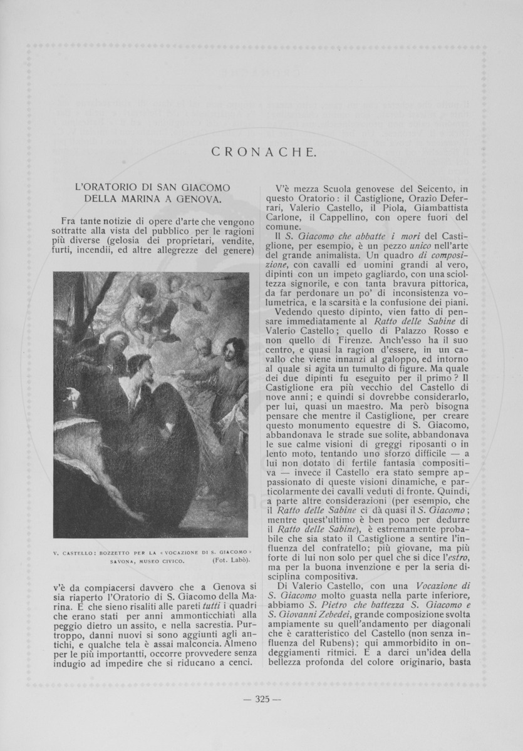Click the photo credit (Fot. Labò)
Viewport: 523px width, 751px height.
coord(226,560)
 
